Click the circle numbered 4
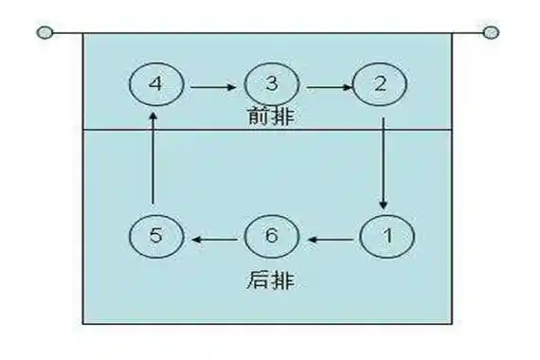[x=155, y=83]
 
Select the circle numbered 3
[x=271, y=83]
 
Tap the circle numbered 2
[x=381, y=83]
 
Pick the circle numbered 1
[x=387, y=237]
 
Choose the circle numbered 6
[x=271, y=237]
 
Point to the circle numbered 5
[x=155, y=237]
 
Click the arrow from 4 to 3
[x=213, y=86]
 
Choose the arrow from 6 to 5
[x=215, y=239]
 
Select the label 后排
[x=270, y=281]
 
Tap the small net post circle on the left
[x=44, y=33]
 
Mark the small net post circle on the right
[x=490, y=33]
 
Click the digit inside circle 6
[x=271, y=237]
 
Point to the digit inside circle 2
[x=381, y=83]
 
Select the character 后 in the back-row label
[x=261, y=281]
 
